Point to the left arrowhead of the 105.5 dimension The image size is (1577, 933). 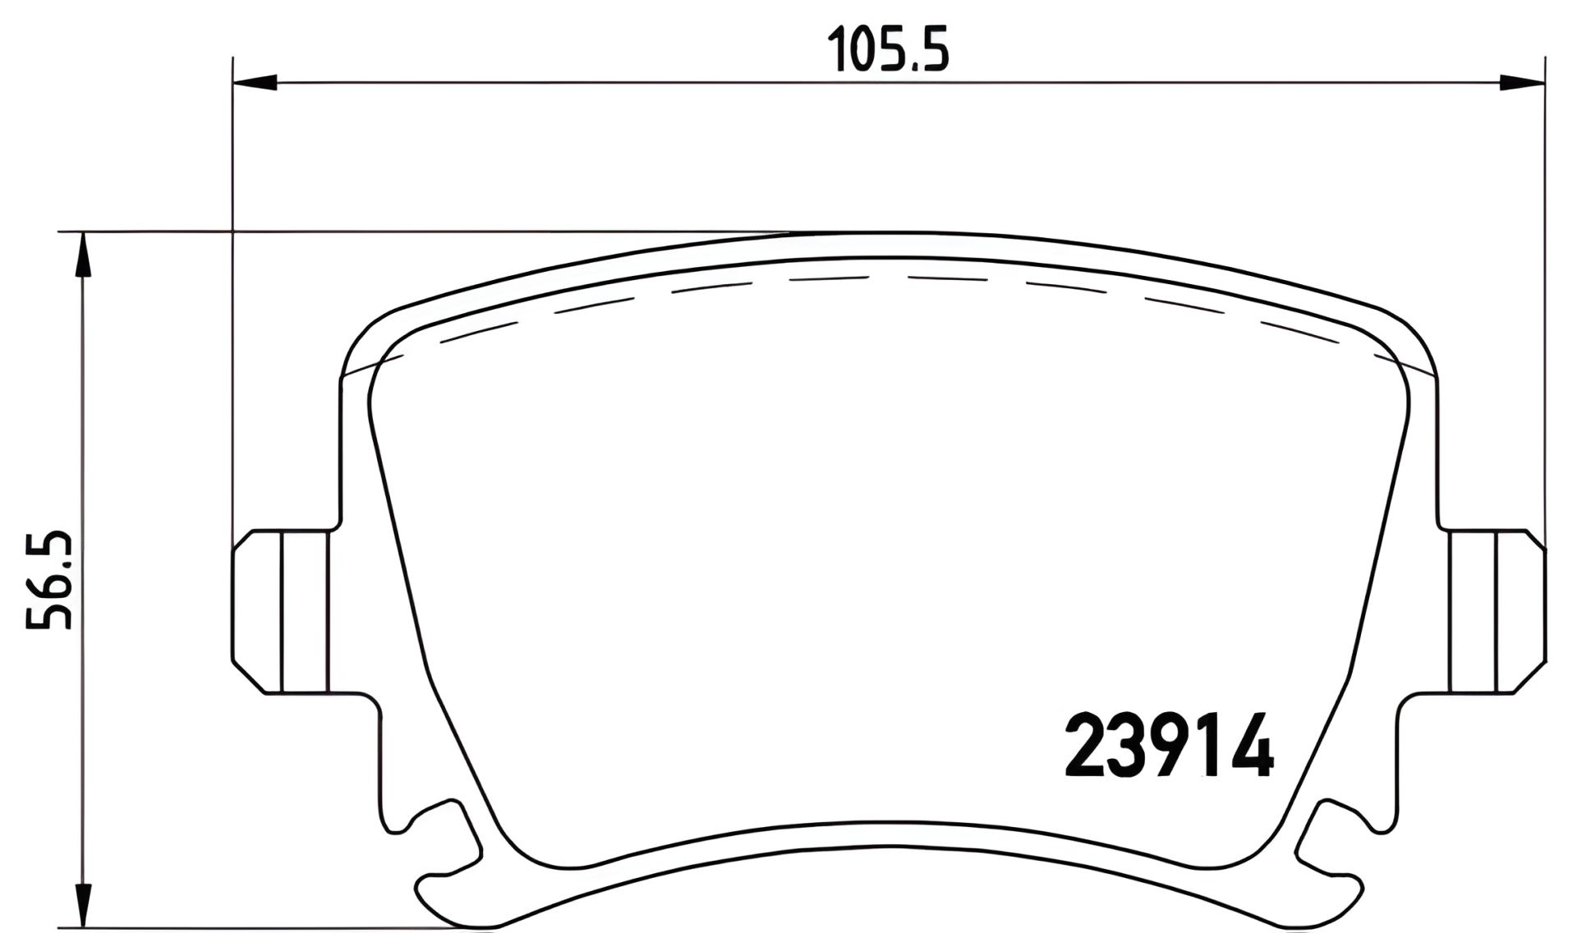255,82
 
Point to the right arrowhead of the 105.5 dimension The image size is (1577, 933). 1521,82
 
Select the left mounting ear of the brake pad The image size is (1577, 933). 279,611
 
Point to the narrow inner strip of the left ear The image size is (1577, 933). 306,611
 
